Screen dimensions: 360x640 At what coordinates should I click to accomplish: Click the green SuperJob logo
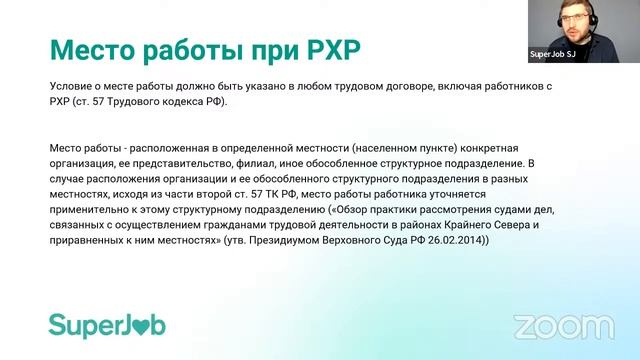107,325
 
